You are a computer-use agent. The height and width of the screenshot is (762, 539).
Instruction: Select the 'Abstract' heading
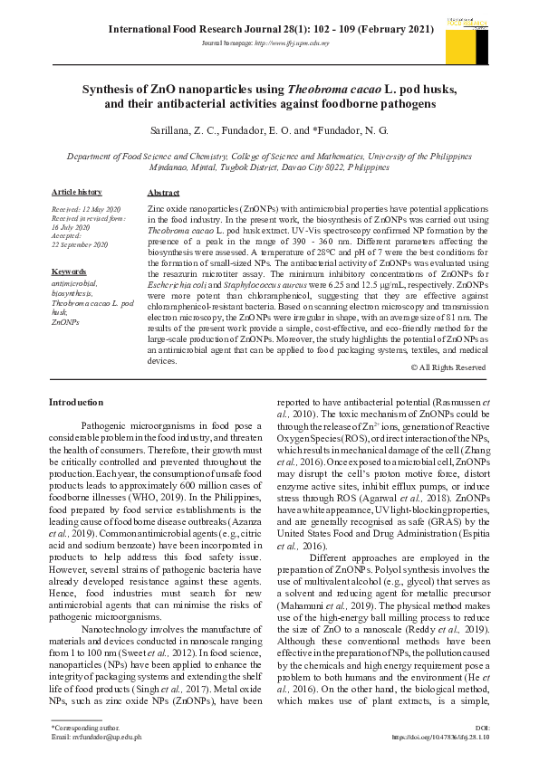click(163, 194)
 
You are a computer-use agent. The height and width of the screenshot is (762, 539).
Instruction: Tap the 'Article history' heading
click(77, 193)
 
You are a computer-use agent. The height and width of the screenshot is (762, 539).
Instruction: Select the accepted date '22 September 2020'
click(80, 244)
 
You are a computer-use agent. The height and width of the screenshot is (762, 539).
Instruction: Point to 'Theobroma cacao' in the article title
click(327, 90)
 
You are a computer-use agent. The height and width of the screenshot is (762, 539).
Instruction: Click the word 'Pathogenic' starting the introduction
click(110, 425)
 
